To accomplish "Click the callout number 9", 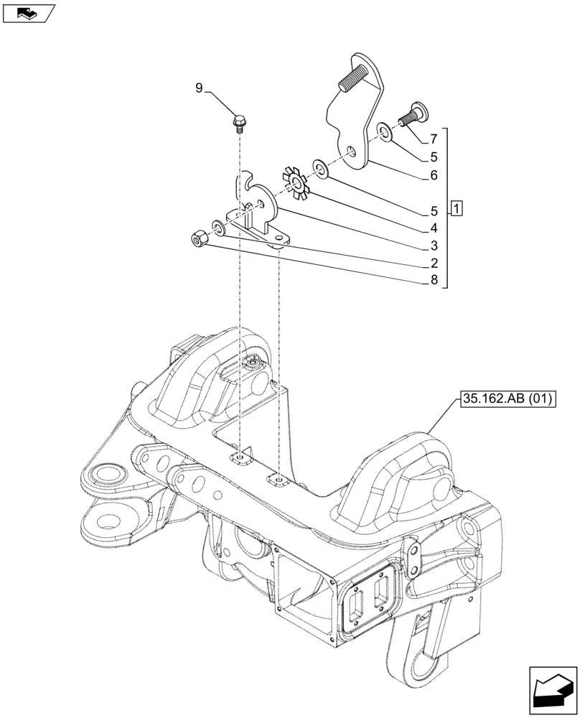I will (200, 88).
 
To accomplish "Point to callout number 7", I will (434, 138).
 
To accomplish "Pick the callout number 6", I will (434, 174).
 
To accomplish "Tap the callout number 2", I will (434, 264).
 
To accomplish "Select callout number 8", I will (434, 281).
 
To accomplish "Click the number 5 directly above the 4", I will (434, 212).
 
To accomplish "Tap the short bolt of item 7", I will (413, 113).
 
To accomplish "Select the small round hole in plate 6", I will (350, 151).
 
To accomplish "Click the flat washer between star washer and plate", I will (320, 170).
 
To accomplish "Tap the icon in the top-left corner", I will (28, 12).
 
